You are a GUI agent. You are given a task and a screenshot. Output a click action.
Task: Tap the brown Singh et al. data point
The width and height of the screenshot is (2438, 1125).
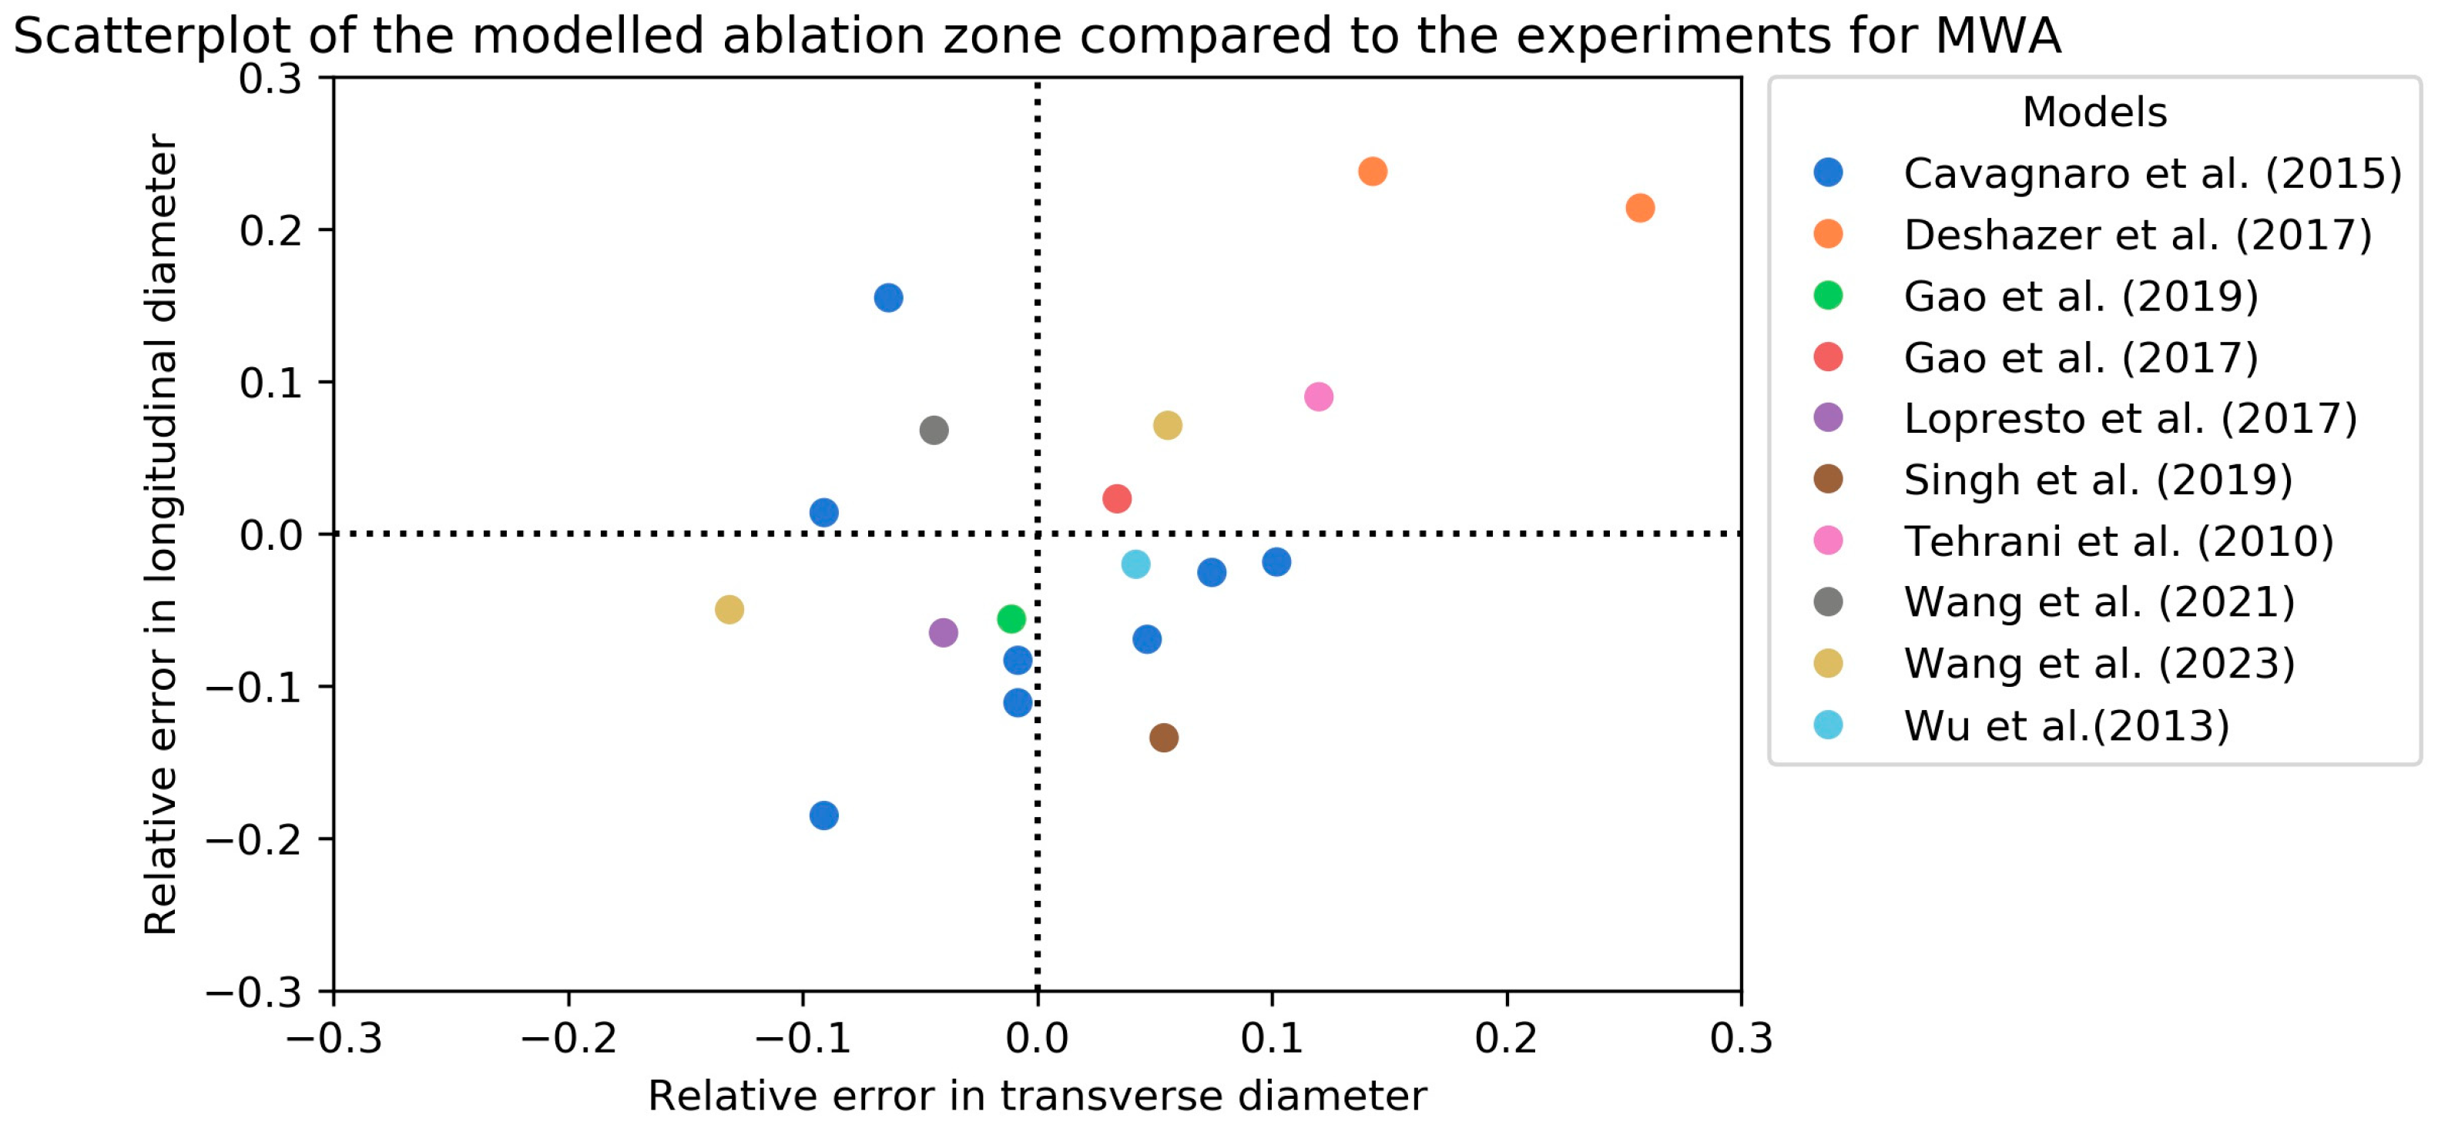click(1164, 737)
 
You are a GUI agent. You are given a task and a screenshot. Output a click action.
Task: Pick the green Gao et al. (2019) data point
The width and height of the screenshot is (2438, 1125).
click(1011, 619)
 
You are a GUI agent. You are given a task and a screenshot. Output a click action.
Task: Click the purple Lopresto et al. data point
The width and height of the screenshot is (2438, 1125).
click(944, 632)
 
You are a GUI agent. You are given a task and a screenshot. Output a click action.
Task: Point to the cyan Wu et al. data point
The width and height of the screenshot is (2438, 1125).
click(1135, 564)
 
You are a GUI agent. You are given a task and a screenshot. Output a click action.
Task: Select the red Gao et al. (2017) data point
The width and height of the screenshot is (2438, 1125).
click(1117, 499)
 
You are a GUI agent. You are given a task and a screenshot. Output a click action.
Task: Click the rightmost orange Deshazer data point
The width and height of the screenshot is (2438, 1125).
click(1640, 208)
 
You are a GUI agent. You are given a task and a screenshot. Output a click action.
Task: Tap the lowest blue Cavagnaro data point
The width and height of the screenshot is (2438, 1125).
click(824, 815)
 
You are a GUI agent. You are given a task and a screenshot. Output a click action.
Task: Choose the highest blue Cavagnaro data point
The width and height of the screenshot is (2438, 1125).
click(887, 298)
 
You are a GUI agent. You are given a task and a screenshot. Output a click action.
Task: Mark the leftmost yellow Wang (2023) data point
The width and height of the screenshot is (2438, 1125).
click(729, 609)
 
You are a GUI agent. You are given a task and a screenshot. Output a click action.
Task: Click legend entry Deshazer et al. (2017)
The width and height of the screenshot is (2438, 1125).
click(2137, 235)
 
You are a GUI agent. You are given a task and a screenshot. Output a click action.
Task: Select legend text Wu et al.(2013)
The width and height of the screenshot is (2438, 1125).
click(2066, 725)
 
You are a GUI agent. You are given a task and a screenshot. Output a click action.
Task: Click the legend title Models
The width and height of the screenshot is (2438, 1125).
click(2094, 112)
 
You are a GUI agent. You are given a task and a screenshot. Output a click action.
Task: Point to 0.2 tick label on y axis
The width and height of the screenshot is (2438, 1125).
click(270, 231)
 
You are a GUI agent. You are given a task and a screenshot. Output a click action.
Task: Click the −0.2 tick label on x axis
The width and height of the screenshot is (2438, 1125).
click(568, 1038)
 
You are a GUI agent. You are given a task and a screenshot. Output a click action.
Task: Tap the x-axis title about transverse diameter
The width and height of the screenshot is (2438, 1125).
click(1036, 1096)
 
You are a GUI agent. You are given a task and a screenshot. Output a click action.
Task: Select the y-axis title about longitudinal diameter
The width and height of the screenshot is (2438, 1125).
click(161, 534)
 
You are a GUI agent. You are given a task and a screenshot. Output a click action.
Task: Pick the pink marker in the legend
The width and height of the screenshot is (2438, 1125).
click(1828, 541)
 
